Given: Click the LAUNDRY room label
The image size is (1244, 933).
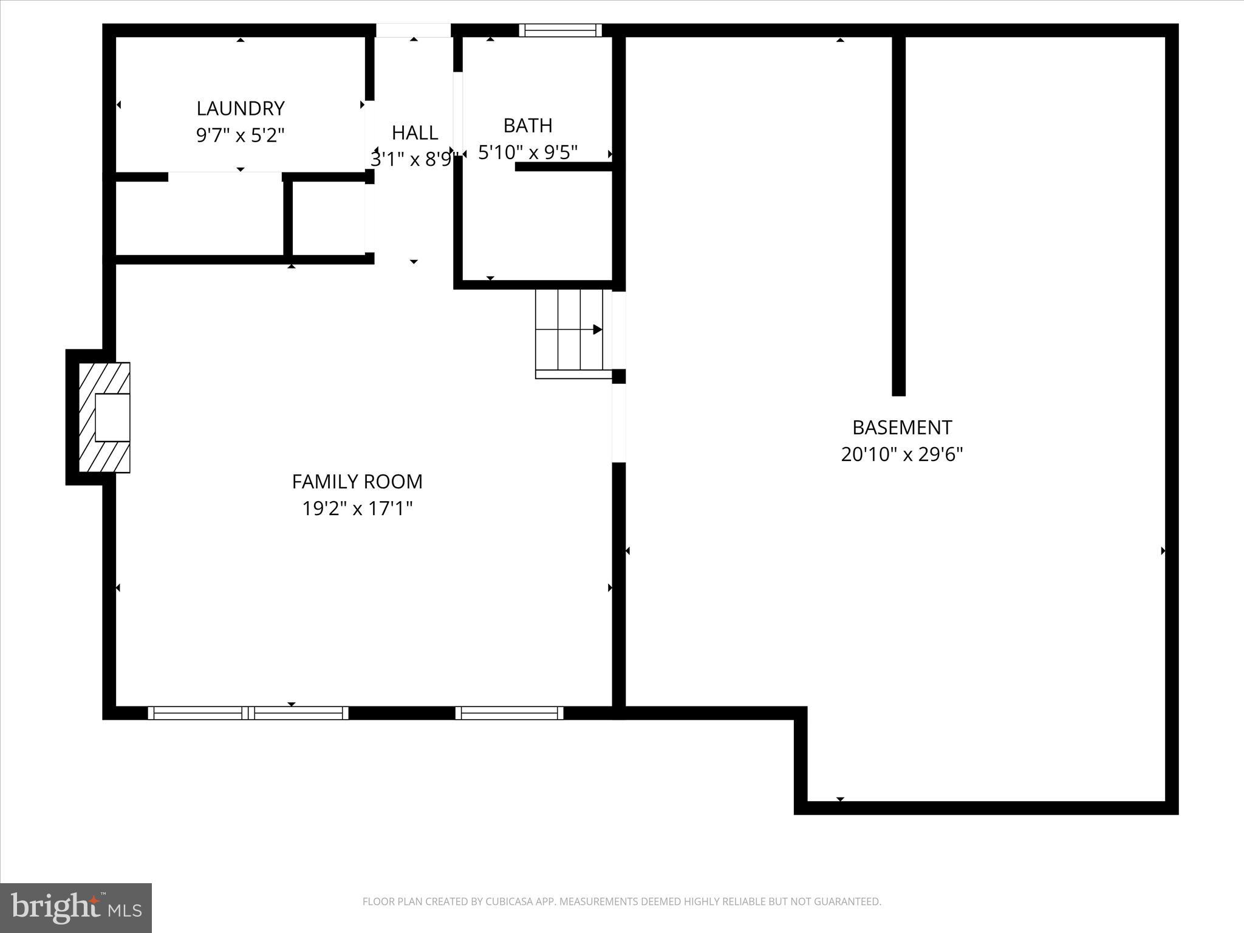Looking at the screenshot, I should click(241, 108).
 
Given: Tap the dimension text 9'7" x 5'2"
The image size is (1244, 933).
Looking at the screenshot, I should click(241, 135).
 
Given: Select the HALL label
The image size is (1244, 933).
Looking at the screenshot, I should click(415, 132).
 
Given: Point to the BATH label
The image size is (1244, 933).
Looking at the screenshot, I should click(528, 125).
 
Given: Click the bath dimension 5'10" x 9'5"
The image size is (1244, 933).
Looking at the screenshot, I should click(528, 152).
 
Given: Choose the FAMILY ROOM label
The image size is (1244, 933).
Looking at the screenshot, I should click(357, 481).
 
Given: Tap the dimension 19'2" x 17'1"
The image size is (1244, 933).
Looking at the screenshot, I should click(357, 508).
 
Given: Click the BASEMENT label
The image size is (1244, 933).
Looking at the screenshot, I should click(902, 428).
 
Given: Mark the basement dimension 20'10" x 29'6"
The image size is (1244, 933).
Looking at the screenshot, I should click(902, 454).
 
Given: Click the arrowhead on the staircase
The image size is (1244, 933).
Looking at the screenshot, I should click(598, 329).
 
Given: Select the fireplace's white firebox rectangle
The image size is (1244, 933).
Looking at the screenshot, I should click(113, 417).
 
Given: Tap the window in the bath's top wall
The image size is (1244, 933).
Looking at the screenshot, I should click(560, 30).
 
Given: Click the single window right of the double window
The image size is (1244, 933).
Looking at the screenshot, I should click(509, 713).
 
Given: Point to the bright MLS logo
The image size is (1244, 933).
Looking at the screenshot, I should click(76, 907).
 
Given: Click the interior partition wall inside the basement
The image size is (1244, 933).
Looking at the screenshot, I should click(898, 216).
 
